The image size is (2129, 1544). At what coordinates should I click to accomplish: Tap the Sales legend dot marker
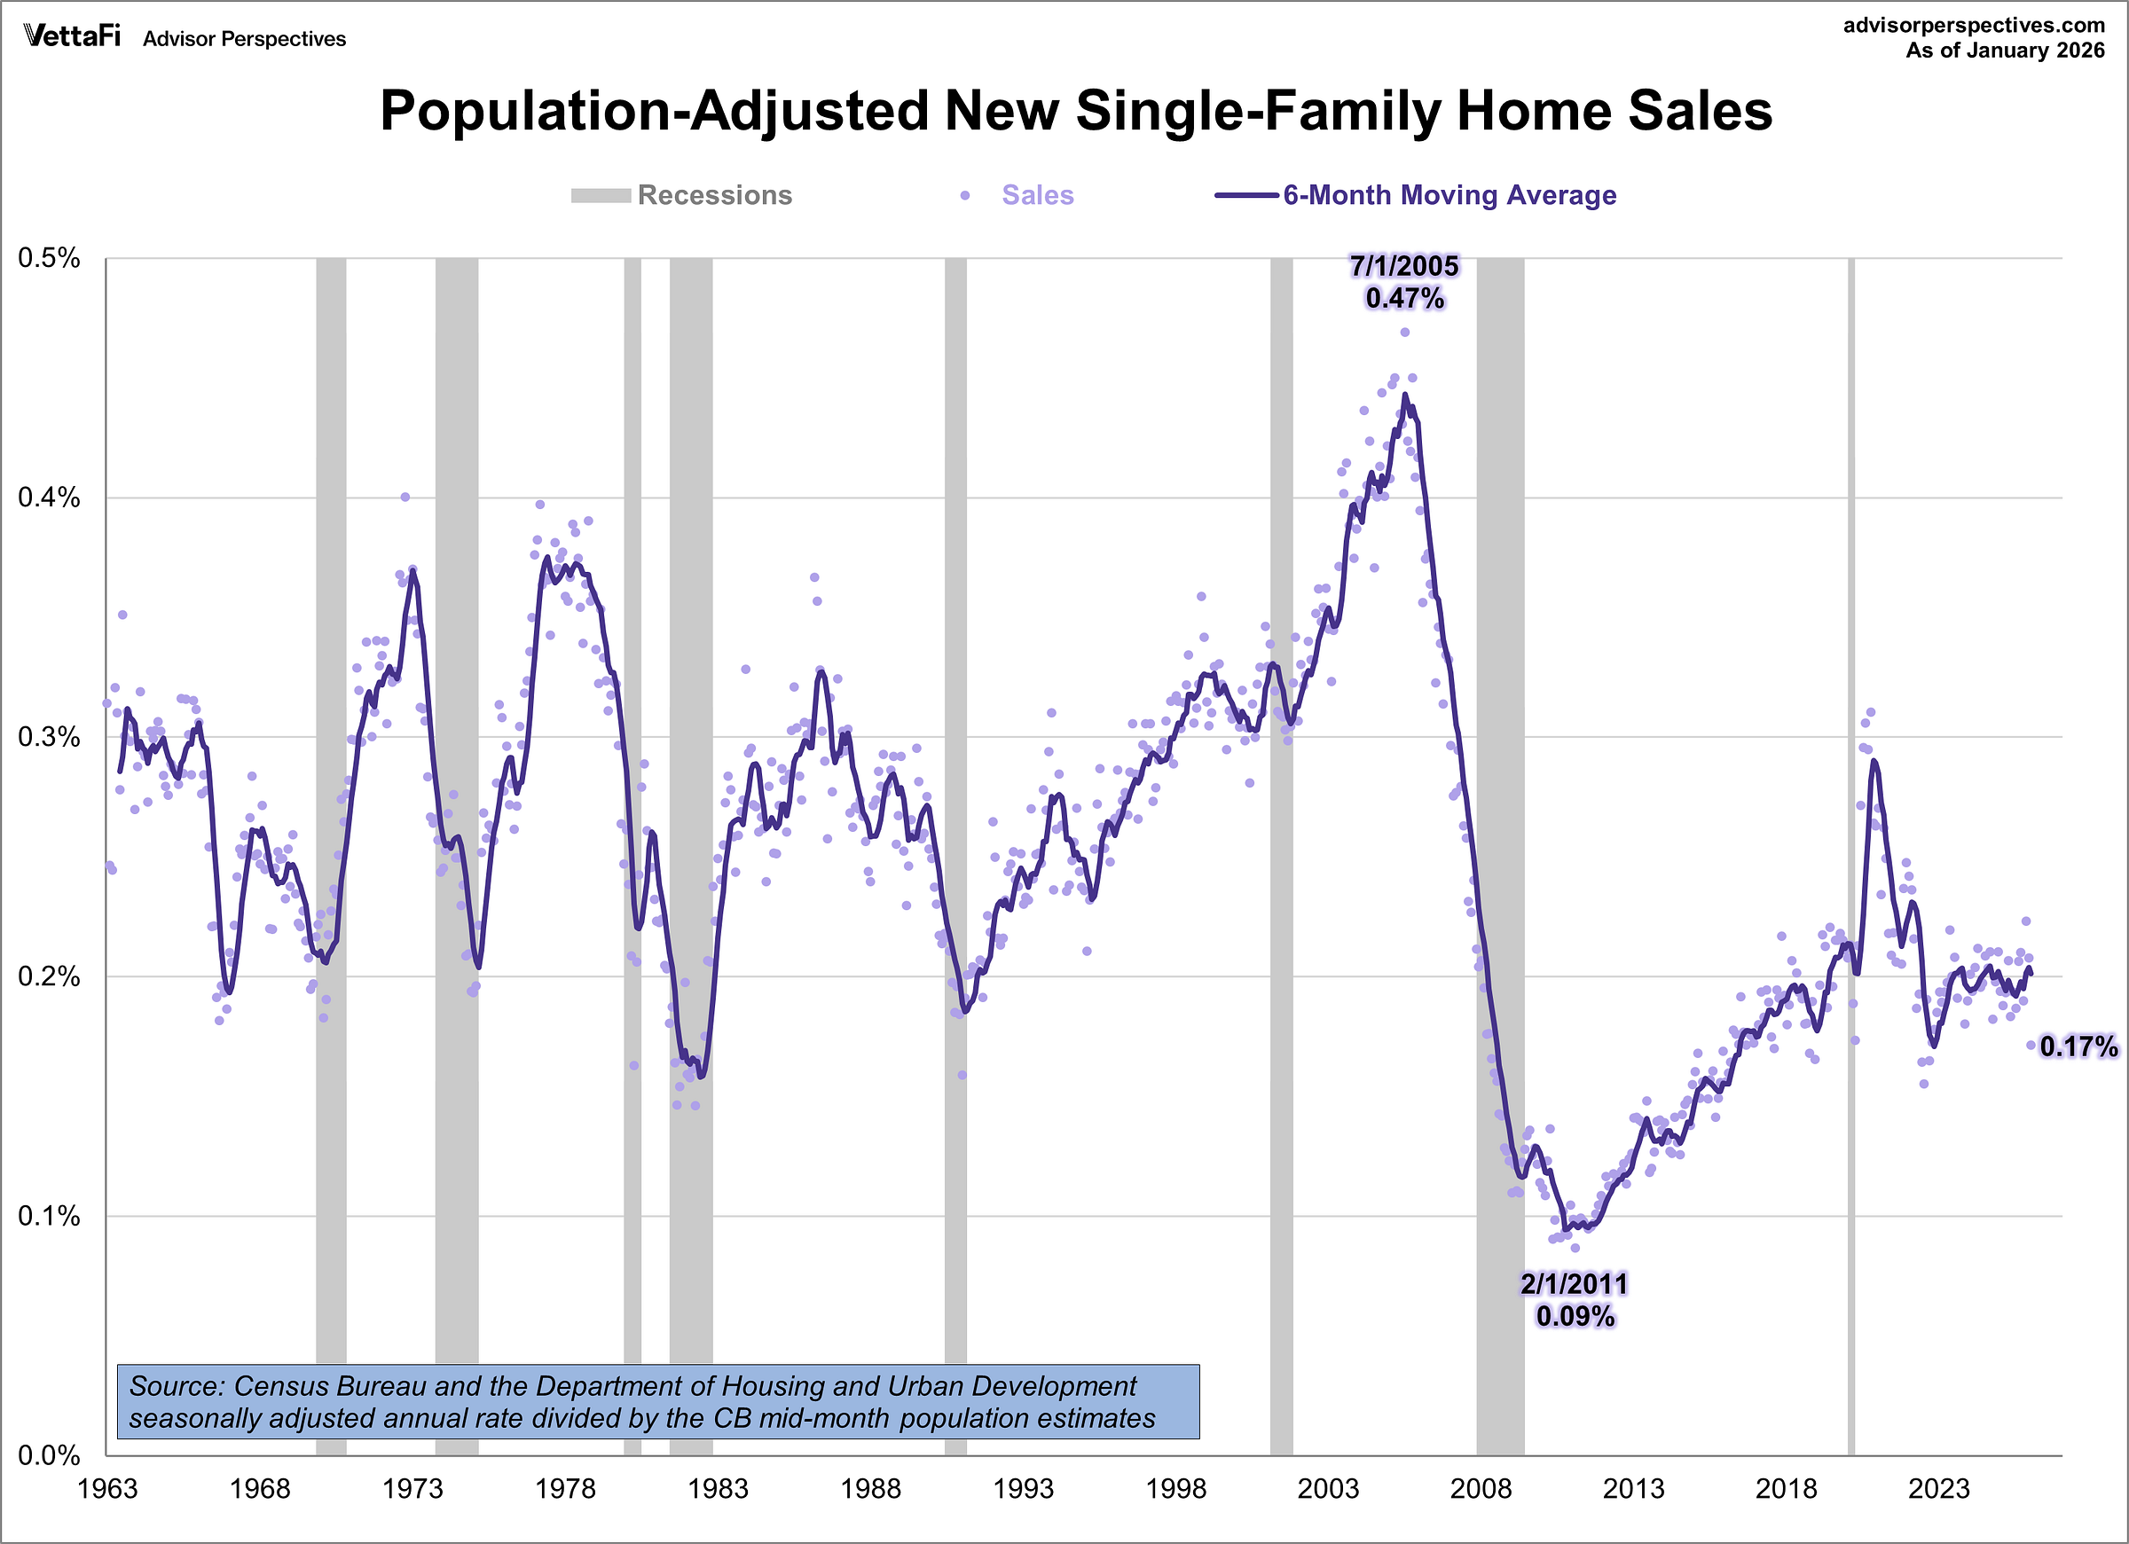pyautogui.click(x=965, y=195)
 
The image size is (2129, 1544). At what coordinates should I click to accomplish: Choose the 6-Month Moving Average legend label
pyautogui.click(x=1449, y=195)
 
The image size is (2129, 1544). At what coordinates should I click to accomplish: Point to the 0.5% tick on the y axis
pyautogui.click(x=49, y=258)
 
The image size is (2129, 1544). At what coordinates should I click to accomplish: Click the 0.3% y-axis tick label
pyautogui.click(x=49, y=737)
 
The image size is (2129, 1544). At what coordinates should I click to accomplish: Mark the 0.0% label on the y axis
pyautogui.click(x=49, y=1456)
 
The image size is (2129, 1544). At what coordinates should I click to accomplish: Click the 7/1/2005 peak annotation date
pyautogui.click(x=1404, y=267)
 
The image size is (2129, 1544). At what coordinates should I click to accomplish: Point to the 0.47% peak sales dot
pyautogui.click(x=1405, y=333)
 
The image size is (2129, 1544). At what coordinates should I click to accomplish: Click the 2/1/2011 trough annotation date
pyautogui.click(x=1575, y=1284)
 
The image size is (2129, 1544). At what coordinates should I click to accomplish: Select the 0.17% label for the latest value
pyautogui.click(x=2078, y=1046)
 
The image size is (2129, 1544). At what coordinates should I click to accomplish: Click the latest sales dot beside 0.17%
pyautogui.click(x=2031, y=1045)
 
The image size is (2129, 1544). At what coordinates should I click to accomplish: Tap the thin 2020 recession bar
pyautogui.click(x=1851, y=845)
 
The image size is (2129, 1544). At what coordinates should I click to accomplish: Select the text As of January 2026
pyautogui.click(x=2005, y=51)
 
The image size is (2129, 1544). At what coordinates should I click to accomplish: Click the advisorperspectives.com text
pyautogui.click(x=1973, y=26)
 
